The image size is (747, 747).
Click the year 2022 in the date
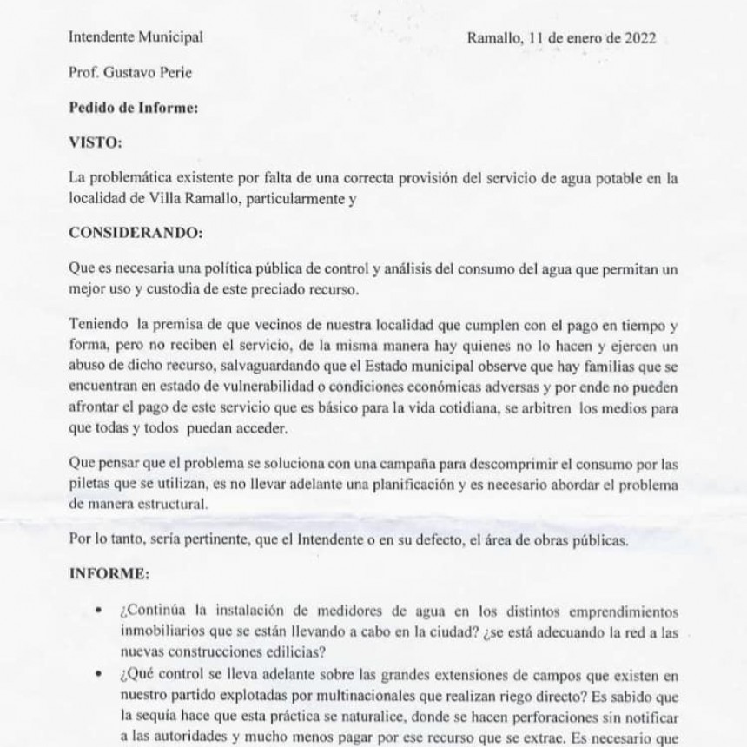[638, 37]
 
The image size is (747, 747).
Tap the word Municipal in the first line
[171, 37]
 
